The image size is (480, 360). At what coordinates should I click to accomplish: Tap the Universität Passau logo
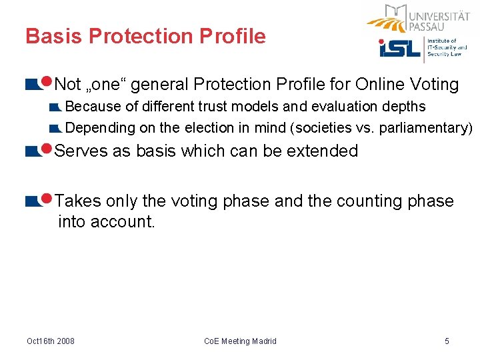[x=419, y=18]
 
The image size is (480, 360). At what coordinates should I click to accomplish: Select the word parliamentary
[x=425, y=127]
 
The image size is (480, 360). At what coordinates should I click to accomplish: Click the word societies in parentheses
[x=323, y=127]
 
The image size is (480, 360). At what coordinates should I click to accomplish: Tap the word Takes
[x=75, y=201]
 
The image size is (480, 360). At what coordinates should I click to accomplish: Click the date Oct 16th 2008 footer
[x=51, y=341]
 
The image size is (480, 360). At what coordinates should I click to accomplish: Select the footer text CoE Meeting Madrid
[x=240, y=341]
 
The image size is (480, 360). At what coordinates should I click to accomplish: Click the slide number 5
[x=447, y=341]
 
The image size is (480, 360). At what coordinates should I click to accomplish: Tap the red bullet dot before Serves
[x=47, y=149]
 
